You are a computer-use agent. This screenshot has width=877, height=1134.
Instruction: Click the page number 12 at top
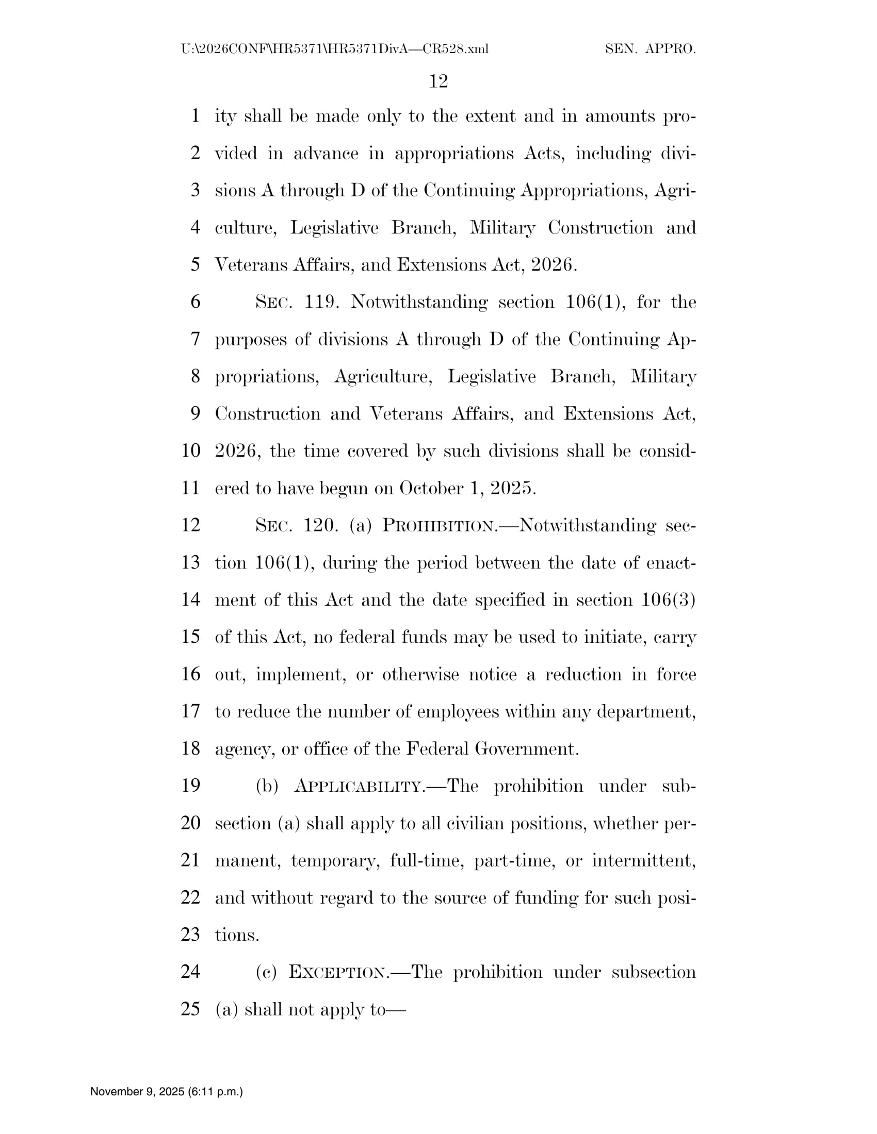point(438,81)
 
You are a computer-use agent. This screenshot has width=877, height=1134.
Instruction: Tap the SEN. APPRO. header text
point(650,49)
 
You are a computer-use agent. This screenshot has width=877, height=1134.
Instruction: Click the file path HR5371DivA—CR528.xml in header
point(335,49)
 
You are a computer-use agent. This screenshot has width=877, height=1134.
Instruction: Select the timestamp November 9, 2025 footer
point(166,1091)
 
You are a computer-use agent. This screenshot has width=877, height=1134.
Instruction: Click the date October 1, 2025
point(467,488)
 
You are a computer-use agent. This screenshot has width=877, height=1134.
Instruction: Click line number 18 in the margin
point(191,749)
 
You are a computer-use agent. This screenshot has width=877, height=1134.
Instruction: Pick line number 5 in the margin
point(196,265)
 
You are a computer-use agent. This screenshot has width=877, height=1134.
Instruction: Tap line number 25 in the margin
point(191,1009)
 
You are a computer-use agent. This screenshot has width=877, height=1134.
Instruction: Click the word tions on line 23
point(236,935)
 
